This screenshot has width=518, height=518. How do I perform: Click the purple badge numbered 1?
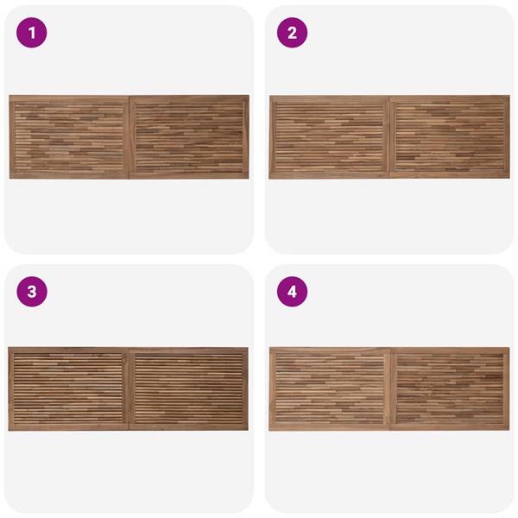(x=32, y=33)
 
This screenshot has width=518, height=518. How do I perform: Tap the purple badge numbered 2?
(x=292, y=33)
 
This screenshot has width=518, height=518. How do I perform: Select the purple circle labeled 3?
(x=32, y=292)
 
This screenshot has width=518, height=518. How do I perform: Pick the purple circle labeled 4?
(x=292, y=292)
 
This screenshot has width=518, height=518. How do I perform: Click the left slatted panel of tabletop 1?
(x=69, y=137)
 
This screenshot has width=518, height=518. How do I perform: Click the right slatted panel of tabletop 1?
(x=189, y=137)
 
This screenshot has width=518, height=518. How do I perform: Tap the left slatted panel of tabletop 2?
(x=330, y=137)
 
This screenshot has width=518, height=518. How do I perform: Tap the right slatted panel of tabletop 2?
(x=450, y=137)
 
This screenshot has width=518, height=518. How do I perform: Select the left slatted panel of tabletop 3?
(x=68, y=388)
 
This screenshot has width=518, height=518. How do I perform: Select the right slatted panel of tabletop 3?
(x=188, y=388)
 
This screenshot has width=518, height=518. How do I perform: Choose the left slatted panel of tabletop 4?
(x=330, y=388)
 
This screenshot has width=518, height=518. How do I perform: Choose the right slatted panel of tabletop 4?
(x=450, y=388)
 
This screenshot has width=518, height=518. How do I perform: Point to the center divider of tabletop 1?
(x=129, y=137)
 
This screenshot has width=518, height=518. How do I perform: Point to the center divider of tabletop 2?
(x=390, y=137)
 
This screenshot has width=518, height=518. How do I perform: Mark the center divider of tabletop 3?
(x=129, y=388)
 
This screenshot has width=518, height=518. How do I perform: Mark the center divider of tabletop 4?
(x=390, y=388)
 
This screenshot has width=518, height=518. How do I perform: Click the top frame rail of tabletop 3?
(x=128, y=351)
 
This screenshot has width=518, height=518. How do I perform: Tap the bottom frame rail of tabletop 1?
(x=129, y=176)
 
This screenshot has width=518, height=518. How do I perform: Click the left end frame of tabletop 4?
(x=272, y=388)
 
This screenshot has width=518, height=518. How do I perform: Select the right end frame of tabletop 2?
(x=507, y=137)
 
